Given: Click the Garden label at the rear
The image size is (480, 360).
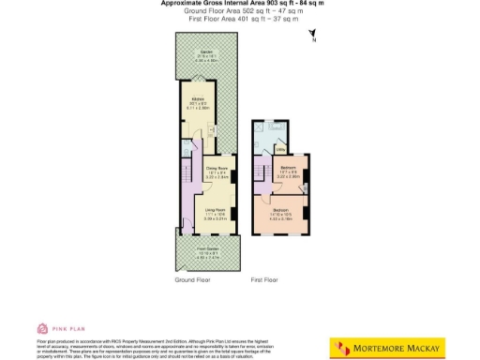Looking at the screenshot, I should click(205, 53).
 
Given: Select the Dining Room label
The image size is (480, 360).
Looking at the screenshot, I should click(217, 172).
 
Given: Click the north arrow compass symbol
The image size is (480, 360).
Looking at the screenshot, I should click(313, 37).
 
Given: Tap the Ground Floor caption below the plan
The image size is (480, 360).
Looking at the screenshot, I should click(193, 280).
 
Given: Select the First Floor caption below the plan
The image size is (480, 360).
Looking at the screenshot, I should click(266, 280).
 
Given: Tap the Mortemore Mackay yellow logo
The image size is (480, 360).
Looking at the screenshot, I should click(385, 348).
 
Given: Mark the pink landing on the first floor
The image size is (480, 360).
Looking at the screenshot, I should click(265, 178).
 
